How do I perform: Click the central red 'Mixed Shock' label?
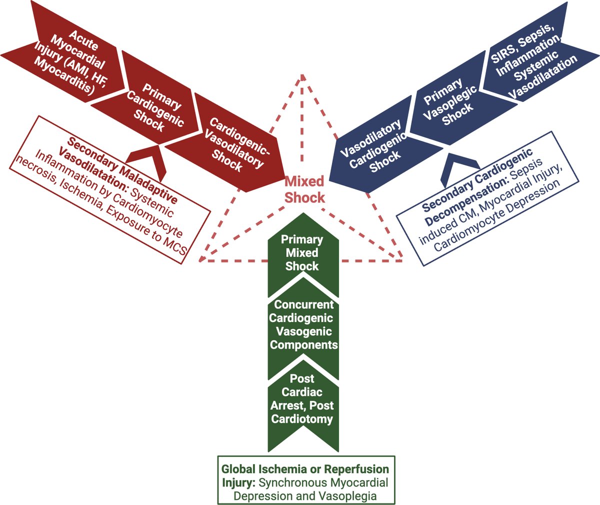[x=304, y=189]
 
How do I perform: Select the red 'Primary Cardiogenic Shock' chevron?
[x=155, y=107]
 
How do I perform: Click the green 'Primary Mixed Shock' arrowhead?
[x=301, y=252]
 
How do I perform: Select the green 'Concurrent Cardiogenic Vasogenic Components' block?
[x=303, y=324]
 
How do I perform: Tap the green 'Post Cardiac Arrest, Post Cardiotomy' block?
[x=302, y=398]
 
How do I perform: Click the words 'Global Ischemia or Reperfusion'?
[x=305, y=469]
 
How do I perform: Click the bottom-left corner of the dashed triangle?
[x=200, y=260]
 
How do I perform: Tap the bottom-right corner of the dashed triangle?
[x=403, y=259]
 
